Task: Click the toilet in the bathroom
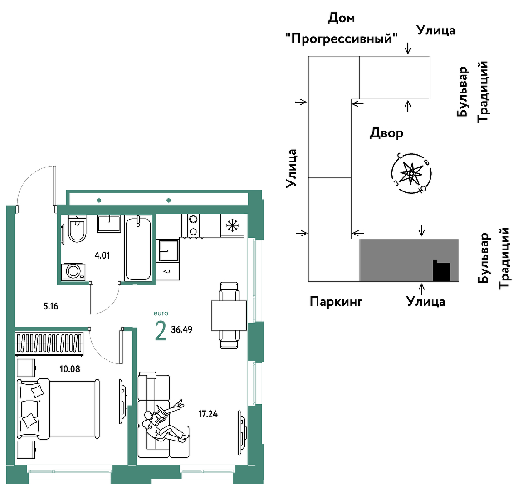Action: point(77,228)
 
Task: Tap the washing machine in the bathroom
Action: point(73,272)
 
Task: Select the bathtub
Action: point(138,248)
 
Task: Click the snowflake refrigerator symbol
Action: point(233,225)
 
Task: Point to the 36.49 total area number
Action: point(182,329)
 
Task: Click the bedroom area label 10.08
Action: point(70,369)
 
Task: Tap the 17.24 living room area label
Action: point(208,414)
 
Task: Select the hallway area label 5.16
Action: point(51,306)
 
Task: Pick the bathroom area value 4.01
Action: point(102,255)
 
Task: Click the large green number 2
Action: point(161,330)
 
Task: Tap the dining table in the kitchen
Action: point(229,315)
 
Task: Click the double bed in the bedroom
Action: point(59,409)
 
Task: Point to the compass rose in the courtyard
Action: point(411,174)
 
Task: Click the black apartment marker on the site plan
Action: point(442,270)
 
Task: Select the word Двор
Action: point(386,133)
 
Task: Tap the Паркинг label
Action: point(336,302)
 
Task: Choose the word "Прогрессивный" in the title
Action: point(342,39)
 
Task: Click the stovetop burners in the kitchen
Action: point(193,225)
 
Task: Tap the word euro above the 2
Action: point(161,313)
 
